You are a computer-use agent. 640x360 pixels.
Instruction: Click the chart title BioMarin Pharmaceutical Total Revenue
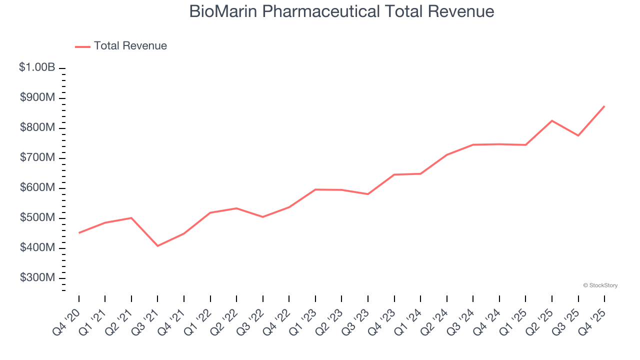point(341,11)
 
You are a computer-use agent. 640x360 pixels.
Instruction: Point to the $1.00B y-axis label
point(37,67)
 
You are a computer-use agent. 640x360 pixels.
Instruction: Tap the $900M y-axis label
point(37,97)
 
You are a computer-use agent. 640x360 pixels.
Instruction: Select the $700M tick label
point(37,157)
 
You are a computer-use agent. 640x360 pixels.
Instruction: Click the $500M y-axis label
point(37,218)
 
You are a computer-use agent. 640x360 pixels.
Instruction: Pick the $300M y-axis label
point(37,278)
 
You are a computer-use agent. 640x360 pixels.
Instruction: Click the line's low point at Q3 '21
point(157,246)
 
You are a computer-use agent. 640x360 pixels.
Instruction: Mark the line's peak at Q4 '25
point(604,106)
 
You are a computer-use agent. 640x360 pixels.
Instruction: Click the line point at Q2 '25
point(552,120)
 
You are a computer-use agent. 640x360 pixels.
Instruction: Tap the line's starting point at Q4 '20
point(79,233)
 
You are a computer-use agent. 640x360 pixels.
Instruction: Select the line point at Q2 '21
point(131,217)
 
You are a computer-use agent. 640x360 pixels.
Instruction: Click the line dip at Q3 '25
point(578,135)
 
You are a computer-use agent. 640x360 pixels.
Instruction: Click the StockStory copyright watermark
point(600,285)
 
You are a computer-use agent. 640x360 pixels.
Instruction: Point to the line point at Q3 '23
point(368,194)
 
